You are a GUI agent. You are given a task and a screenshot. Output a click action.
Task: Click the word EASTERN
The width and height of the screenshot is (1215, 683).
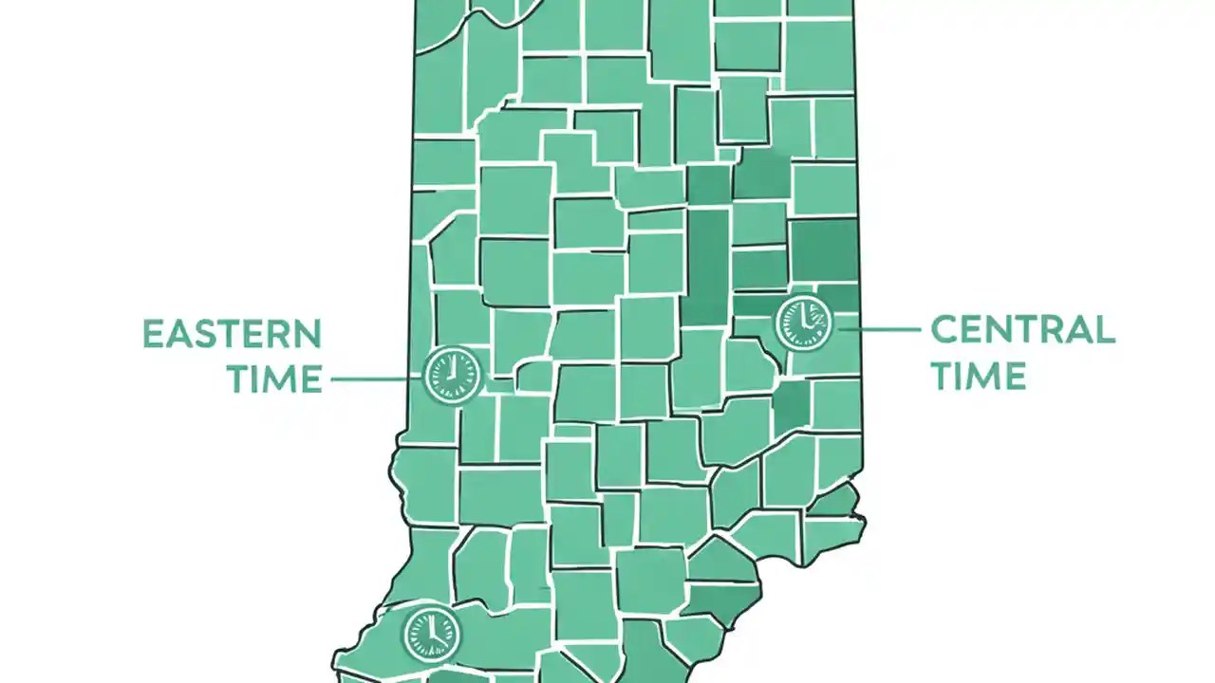click(233, 334)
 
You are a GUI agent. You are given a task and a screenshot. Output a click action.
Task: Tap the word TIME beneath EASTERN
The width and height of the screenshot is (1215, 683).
click(273, 378)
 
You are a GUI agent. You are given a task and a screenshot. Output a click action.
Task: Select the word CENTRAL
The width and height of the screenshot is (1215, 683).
click(1022, 330)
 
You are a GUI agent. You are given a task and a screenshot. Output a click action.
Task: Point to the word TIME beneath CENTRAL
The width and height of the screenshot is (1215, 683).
click(978, 375)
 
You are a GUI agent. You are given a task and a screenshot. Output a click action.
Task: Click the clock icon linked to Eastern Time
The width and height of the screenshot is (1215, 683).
click(452, 373)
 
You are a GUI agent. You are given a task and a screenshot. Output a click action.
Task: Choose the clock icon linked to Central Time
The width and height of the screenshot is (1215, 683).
click(803, 323)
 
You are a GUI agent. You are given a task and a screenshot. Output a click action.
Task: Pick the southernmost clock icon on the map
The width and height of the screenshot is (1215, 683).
click(432, 634)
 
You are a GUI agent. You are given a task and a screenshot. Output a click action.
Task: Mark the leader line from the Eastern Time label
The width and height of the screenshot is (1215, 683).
click(375, 379)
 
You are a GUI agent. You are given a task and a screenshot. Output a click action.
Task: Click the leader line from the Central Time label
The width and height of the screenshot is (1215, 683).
click(878, 329)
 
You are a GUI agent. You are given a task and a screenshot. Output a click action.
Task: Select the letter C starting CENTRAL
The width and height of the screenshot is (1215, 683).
click(945, 330)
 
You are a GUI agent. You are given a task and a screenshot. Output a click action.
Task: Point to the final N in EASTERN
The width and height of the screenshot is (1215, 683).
click(308, 334)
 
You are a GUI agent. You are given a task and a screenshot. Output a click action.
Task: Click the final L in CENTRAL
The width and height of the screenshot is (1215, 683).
click(1104, 330)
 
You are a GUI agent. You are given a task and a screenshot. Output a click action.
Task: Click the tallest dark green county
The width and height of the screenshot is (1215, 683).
click(707, 266)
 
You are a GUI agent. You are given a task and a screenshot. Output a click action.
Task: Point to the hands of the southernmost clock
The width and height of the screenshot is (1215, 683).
click(433, 632)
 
